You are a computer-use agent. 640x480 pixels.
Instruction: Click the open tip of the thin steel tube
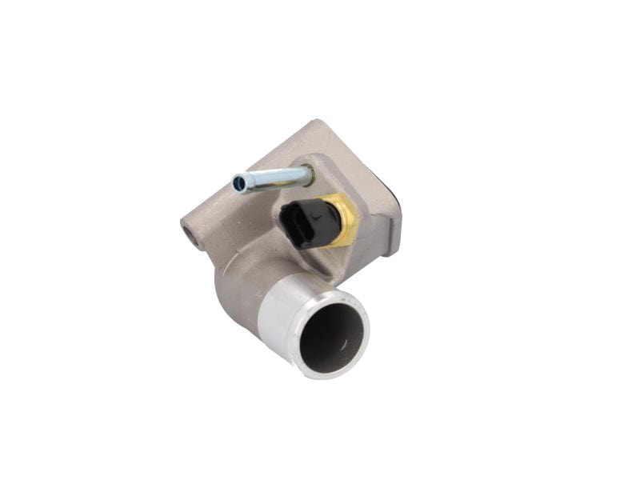click(x=238, y=185)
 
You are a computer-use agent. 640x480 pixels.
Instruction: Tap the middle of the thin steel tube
click(x=272, y=177)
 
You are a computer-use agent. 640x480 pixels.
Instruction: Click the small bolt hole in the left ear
click(x=191, y=234)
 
